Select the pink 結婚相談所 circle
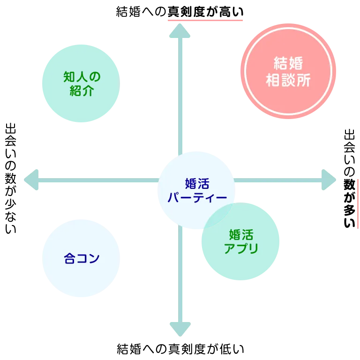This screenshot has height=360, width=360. click(288, 71)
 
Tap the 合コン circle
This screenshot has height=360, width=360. click(81, 258)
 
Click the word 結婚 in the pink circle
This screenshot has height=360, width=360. click(288, 63)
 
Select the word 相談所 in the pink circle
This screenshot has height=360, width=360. click(288, 81)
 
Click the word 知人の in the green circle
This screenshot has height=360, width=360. click(82, 76)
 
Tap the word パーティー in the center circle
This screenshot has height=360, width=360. click(197, 197)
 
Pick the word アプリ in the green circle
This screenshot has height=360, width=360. click(241, 248)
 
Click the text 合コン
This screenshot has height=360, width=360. click(82, 258)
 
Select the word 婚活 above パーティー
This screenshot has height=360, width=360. click(197, 183)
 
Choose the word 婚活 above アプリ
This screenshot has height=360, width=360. click(241, 234)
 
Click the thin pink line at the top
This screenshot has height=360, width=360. click(204, 21)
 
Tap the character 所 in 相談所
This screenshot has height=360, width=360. click(304, 81)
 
